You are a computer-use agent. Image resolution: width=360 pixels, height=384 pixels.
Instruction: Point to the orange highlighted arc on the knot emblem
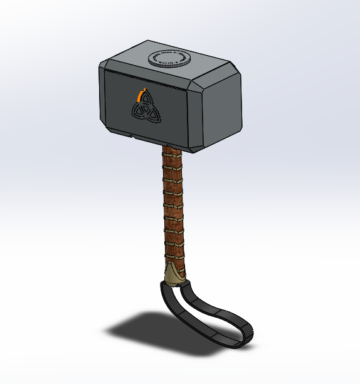point(140,95)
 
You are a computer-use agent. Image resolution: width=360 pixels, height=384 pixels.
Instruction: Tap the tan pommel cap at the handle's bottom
point(175,274)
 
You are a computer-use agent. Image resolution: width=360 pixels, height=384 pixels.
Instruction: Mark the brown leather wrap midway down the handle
point(174,207)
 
